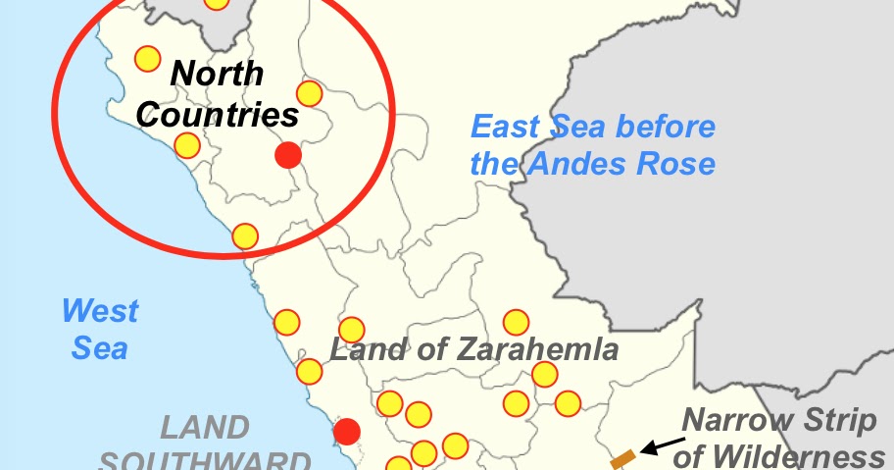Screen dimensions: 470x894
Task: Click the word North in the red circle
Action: click(217, 75)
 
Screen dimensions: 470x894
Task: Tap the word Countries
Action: click(217, 115)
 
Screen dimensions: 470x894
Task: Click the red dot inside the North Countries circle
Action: click(287, 155)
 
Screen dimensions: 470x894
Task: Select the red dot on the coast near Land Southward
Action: click(346, 431)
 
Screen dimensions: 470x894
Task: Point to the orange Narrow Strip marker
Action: click(622, 457)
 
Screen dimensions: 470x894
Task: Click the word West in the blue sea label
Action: click(100, 312)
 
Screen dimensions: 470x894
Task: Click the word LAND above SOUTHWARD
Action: click(205, 428)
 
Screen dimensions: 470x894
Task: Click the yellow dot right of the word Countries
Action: click(310, 93)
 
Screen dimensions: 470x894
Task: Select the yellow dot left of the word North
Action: click(147, 59)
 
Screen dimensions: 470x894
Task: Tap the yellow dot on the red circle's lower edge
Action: click(245, 236)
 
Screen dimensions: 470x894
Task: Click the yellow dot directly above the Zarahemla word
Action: click(516, 322)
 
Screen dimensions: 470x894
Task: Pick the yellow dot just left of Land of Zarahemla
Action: click(351, 330)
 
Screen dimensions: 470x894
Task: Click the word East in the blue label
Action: click(503, 127)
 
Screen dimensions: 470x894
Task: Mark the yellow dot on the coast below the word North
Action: click(187, 146)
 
